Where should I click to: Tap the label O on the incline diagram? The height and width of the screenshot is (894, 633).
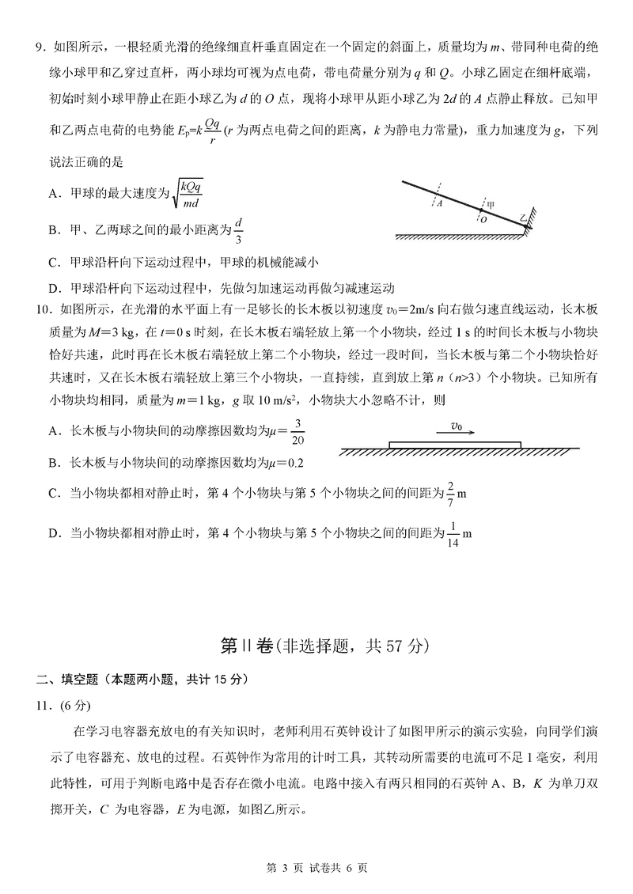tap(483, 221)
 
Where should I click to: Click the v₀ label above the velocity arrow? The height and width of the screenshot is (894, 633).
tap(457, 426)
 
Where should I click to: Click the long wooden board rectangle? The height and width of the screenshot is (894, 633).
tap(455, 445)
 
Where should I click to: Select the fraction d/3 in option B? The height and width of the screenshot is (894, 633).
tap(239, 230)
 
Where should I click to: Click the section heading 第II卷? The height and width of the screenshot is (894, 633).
tap(244, 646)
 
